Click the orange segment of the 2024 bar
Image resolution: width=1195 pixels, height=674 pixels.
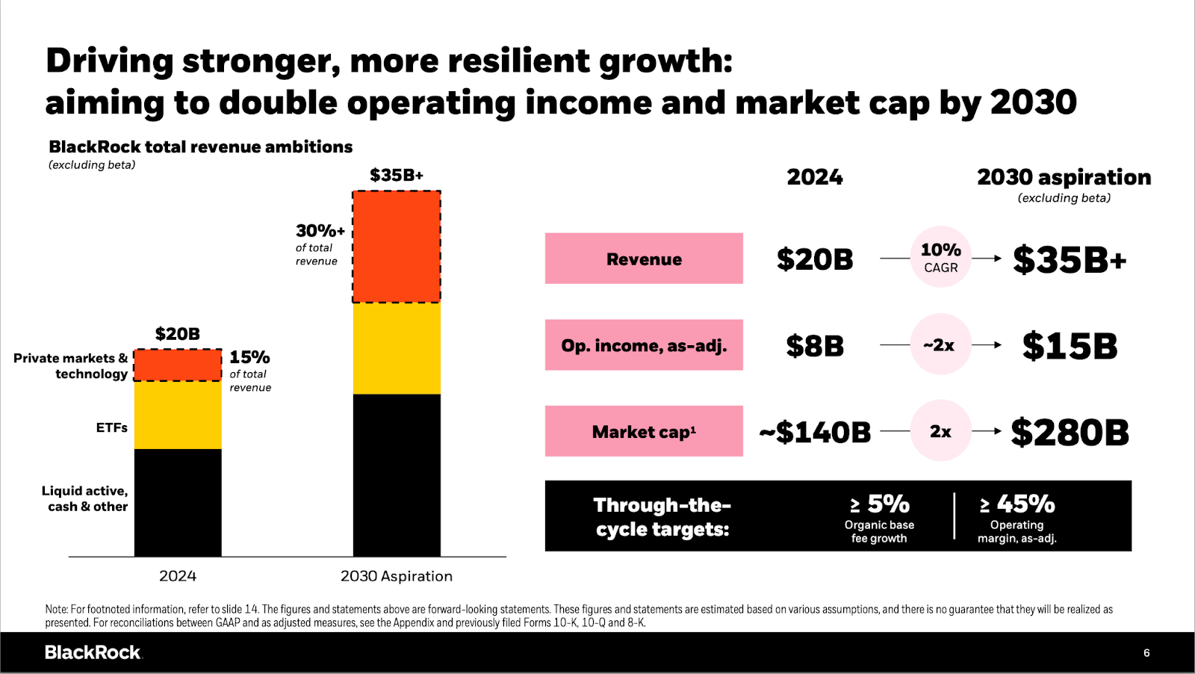178,365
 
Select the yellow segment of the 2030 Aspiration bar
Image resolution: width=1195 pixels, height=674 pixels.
397,348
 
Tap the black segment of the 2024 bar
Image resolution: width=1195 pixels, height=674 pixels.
178,502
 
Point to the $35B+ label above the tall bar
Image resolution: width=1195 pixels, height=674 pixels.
397,176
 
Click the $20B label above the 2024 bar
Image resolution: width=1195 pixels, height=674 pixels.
178,334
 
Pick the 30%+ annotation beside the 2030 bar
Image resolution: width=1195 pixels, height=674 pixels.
320,231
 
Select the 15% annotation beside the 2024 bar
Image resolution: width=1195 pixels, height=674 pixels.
249,357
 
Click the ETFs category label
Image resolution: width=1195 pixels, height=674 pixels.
112,427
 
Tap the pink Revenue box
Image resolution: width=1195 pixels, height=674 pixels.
644,259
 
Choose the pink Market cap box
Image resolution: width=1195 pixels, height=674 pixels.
644,431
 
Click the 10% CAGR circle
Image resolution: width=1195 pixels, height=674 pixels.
940,257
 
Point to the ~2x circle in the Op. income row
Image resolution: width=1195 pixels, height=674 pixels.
940,344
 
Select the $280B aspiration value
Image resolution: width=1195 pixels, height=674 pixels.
1070,433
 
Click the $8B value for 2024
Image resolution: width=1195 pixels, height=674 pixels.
815,346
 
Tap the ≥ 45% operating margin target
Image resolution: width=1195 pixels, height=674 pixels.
1017,504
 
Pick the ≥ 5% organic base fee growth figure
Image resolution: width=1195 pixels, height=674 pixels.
879,504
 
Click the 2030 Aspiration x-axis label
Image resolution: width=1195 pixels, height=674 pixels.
397,576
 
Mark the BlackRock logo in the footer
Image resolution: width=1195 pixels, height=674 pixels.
93,652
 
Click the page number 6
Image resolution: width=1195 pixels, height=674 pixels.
1146,653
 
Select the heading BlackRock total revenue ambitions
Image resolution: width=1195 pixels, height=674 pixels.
200,147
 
